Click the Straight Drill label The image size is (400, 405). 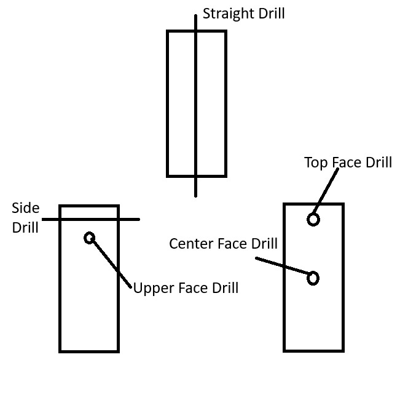(x=243, y=14)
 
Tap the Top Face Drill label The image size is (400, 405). (x=348, y=162)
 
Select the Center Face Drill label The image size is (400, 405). (x=223, y=244)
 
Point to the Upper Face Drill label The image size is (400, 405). (x=186, y=287)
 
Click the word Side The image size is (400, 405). (x=25, y=209)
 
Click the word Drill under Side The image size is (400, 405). (x=25, y=227)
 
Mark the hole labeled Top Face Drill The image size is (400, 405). (x=313, y=219)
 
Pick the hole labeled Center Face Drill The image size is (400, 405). (x=313, y=278)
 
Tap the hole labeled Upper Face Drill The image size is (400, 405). (x=90, y=238)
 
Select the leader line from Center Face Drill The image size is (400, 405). (x=283, y=267)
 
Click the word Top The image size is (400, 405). (x=316, y=162)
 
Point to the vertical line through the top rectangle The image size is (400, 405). (x=196, y=105)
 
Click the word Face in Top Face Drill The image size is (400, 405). (x=347, y=162)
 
